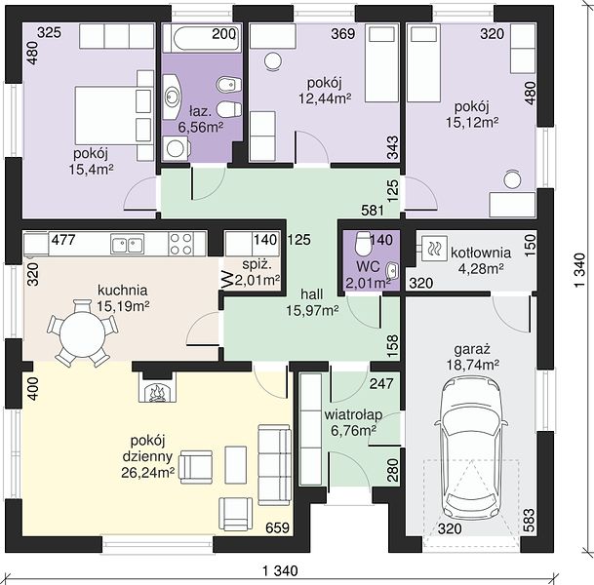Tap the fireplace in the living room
pos(157,386)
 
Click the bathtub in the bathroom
pos(202,38)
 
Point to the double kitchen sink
pos(127,243)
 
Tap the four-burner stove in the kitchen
pos(181,243)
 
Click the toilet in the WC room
pos(363,243)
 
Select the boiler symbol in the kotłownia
pos(433,249)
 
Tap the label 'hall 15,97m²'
pos(312,302)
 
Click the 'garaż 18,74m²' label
pos(472,357)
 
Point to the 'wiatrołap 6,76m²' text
pos(353,422)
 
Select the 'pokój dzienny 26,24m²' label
pos(147,456)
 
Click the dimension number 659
pos(277,527)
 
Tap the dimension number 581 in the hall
pos(373,211)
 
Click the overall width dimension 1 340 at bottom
pos(280,570)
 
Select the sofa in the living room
pos(274,465)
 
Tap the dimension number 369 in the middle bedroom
pos(343,34)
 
